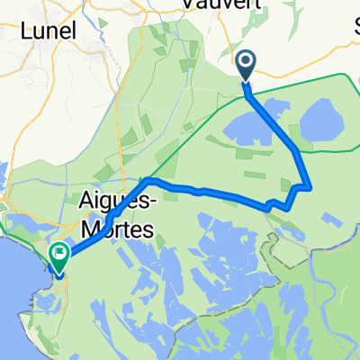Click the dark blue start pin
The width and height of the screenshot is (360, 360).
click(x=246, y=65)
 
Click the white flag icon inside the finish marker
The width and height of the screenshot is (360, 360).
click(x=60, y=254)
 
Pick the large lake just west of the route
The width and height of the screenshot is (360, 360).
click(x=255, y=126)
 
